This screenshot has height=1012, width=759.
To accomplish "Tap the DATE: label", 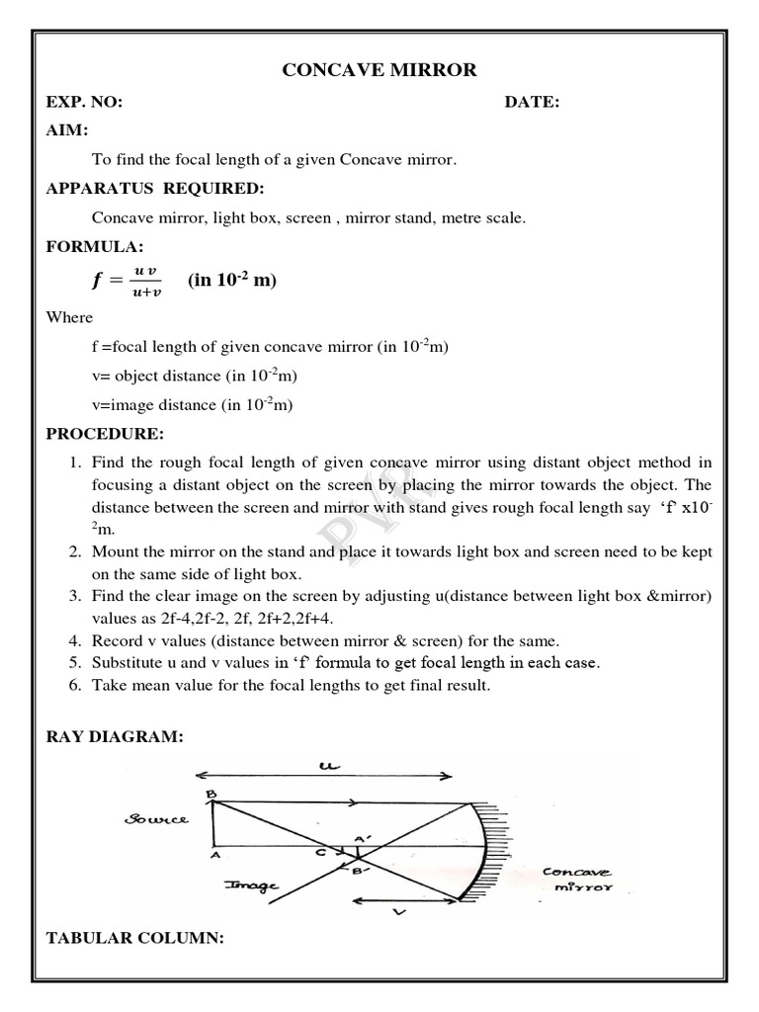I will (532, 103).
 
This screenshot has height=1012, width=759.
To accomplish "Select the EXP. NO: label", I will (84, 103).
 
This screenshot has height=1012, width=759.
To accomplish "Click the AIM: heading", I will (67, 130).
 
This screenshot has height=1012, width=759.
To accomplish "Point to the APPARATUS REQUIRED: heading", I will (154, 189).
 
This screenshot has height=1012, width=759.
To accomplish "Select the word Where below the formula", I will (69, 317).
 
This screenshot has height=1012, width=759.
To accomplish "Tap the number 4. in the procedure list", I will (75, 640).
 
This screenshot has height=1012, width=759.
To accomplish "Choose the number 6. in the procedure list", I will (75, 685).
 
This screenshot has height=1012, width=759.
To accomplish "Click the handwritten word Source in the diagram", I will (156, 819).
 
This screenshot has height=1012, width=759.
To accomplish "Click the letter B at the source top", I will (211, 793).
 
